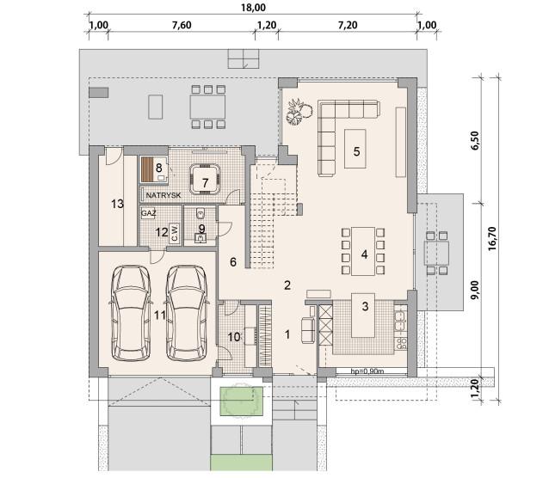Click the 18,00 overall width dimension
(253, 8)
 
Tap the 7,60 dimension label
(182, 25)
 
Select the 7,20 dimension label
(348, 25)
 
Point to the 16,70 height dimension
(492, 238)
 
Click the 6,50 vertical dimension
(475, 141)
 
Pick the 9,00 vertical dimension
(475, 290)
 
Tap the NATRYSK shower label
(163, 195)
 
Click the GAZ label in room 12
(149, 213)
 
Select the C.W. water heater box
(174, 233)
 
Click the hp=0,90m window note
(367, 371)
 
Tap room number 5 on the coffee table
(356, 152)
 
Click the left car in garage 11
(131, 313)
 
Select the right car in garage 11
(186, 313)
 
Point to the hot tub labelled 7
(205, 179)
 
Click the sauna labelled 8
(154, 169)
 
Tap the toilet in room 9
(200, 212)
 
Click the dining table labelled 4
(363, 251)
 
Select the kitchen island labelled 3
(363, 316)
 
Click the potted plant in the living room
(299, 111)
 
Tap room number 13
(117, 204)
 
